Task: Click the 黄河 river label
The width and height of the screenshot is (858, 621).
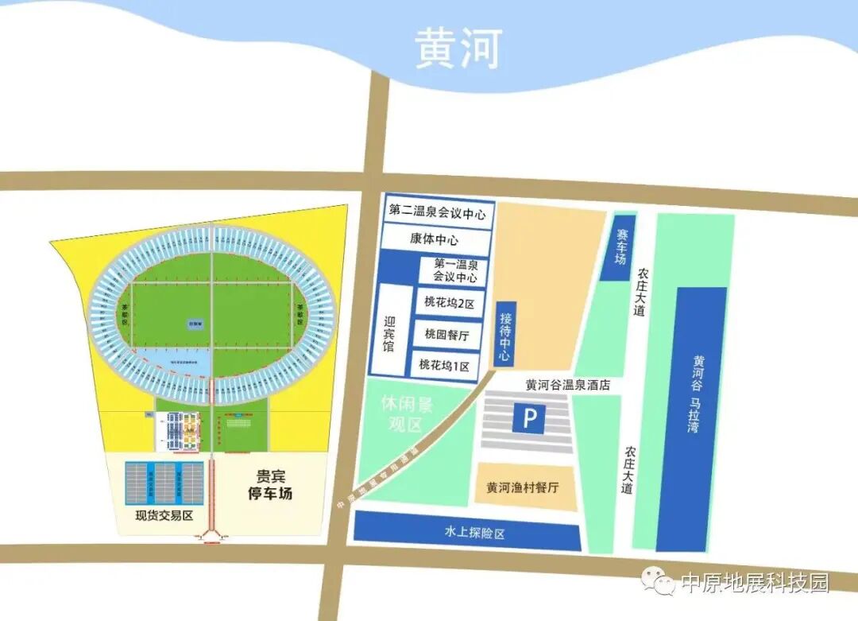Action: tap(458, 49)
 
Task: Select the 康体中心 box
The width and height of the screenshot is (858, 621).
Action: tap(434, 239)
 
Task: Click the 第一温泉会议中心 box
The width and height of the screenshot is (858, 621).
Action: tap(455, 270)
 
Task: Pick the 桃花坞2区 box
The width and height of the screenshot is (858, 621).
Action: tap(449, 303)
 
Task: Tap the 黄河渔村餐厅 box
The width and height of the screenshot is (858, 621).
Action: tap(523, 487)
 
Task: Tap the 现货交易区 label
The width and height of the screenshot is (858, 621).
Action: tap(164, 515)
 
